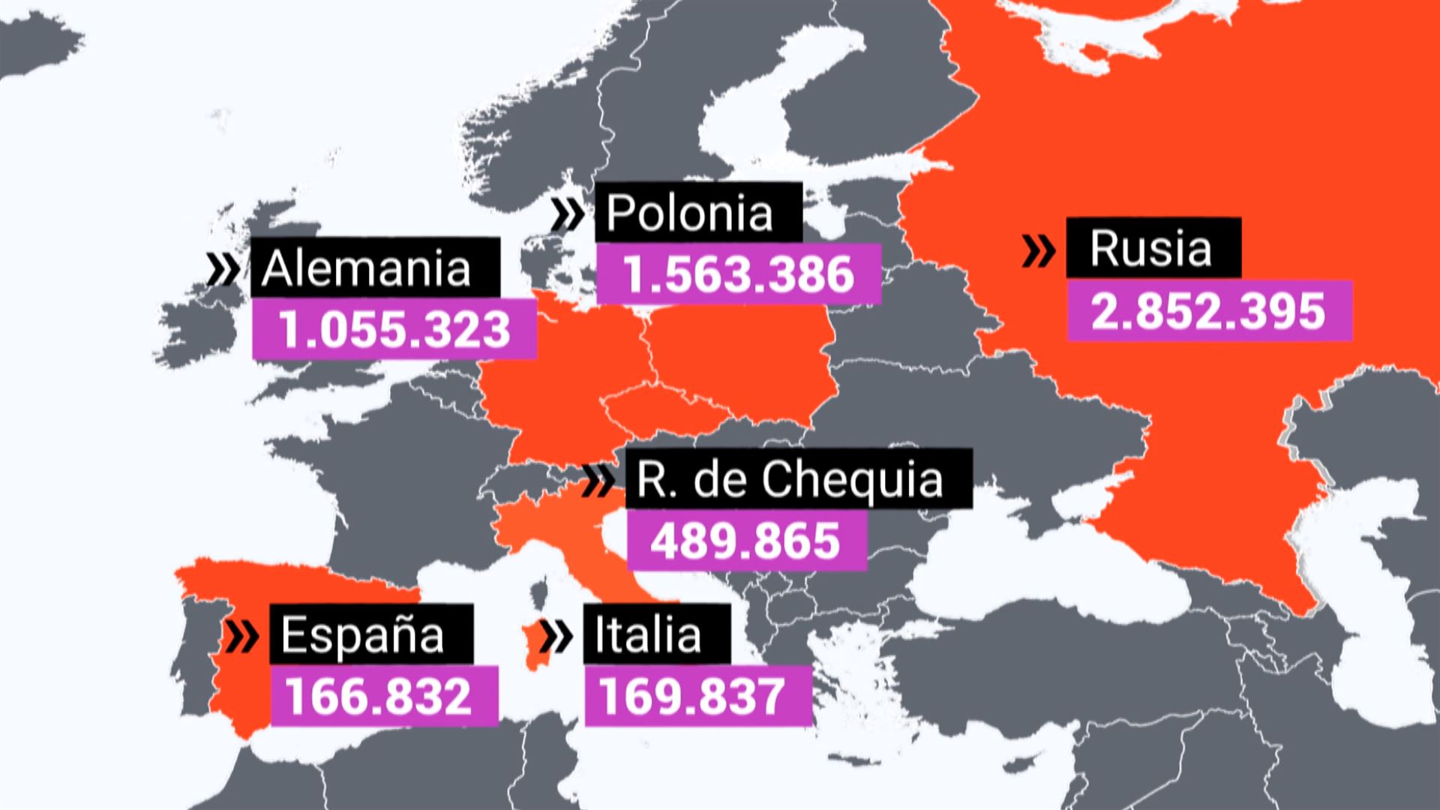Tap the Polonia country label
coord(689,213)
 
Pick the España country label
coord(363,635)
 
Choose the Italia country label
coord(648,635)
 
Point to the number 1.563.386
coord(739,274)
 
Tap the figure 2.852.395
coord(1208,311)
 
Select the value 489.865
coord(745,541)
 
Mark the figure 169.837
coord(691,696)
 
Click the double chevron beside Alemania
coord(223,268)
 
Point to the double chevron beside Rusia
coord(1039,250)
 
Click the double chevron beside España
coord(242,636)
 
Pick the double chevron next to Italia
coord(556,636)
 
